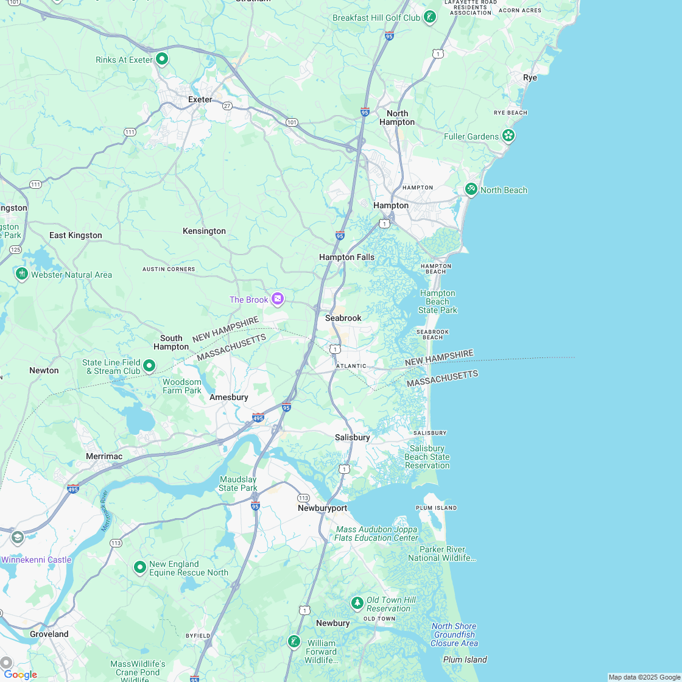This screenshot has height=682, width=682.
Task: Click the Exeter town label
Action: [x=200, y=99]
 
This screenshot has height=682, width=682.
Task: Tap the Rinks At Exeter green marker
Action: [x=162, y=59]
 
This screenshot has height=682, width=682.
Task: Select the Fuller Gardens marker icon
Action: [x=508, y=136]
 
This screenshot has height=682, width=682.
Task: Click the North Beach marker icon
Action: [x=471, y=189]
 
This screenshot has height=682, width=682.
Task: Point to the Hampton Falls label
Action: [x=346, y=257]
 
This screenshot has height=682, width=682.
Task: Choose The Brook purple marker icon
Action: [x=278, y=298]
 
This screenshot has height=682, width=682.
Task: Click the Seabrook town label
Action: [x=343, y=318]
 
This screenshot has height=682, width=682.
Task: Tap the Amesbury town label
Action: [x=228, y=397]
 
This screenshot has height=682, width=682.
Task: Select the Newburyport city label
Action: [x=322, y=508]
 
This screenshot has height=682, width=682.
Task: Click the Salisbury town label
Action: [x=352, y=437]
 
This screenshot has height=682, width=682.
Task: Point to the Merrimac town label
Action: [x=104, y=456]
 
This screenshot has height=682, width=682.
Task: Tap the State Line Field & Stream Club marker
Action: [x=149, y=366]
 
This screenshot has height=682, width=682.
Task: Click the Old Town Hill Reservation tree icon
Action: [x=357, y=603]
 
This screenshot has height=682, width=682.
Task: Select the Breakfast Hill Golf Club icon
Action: [x=430, y=17]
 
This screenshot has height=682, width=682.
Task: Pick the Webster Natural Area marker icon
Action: [x=22, y=274]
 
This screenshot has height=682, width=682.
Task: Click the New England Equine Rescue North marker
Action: [x=140, y=568]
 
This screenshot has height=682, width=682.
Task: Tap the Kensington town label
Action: [x=204, y=231]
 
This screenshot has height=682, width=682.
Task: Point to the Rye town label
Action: [x=530, y=77]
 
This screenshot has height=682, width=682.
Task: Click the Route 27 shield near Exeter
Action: [x=227, y=105]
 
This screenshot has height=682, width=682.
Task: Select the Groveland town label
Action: [x=49, y=634]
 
